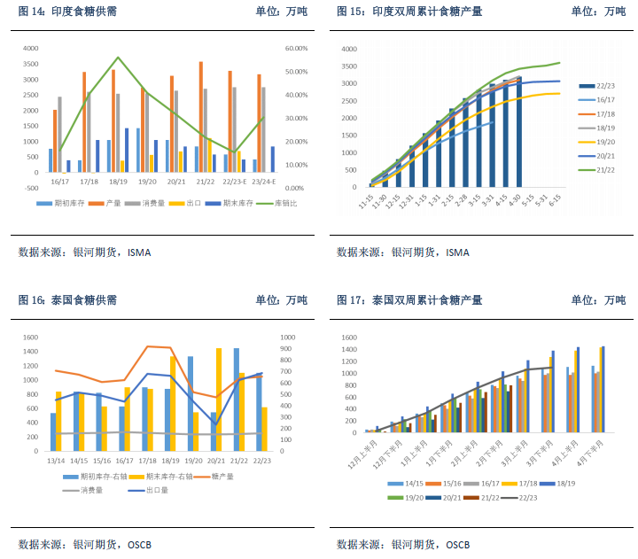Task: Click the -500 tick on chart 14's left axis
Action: (x=31, y=188)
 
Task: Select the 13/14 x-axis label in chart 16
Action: (x=55, y=461)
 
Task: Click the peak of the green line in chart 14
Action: (x=118, y=58)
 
